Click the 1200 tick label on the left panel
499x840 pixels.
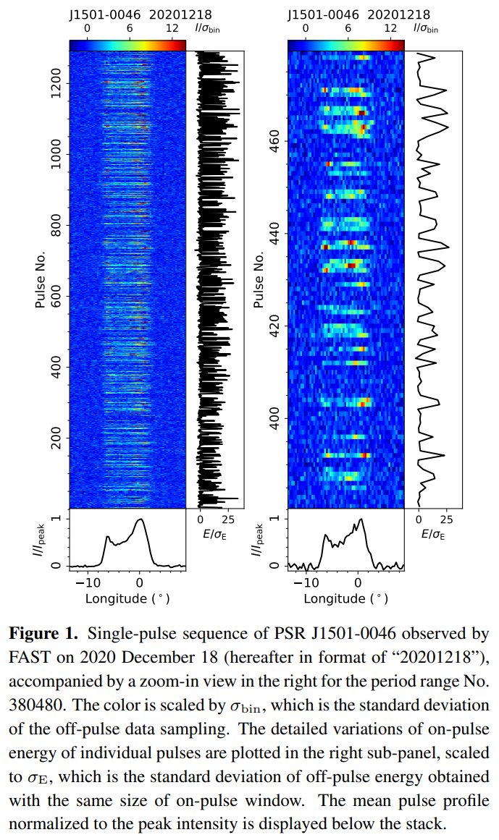pyautogui.click(x=56, y=84)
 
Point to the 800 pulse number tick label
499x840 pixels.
pyautogui.click(x=56, y=225)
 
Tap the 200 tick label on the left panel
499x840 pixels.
pyautogui.click(x=56, y=438)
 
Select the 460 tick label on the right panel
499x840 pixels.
pyautogui.click(x=274, y=141)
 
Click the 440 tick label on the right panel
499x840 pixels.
pyautogui.click(x=274, y=234)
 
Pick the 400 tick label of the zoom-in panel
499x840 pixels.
pyautogui.click(x=274, y=418)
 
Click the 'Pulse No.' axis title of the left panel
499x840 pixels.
pyautogui.click(x=41, y=280)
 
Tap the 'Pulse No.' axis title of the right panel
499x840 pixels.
pyautogui.click(x=259, y=280)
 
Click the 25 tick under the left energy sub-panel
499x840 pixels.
pyautogui.click(x=228, y=519)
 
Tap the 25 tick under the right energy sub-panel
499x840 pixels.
pyautogui.click(x=446, y=519)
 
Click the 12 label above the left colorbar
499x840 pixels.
pyautogui.click(x=172, y=28)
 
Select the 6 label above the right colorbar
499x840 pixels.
pyautogui.click(x=348, y=28)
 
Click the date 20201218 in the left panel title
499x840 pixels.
pyautogui.click(x=180, y=14)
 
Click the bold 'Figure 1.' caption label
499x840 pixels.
pyautogui.click(x=43, y=634)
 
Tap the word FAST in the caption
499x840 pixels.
pyautogui.click(x=26, y=658)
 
